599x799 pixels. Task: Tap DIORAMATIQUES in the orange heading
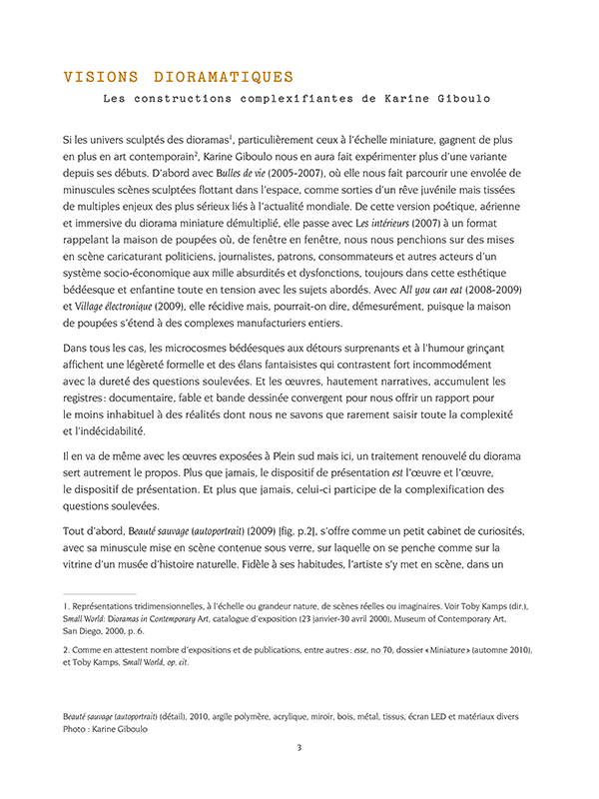click(x=225, y=77)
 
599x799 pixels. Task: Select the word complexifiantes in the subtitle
click(x=305, y=99)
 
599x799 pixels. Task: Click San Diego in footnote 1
click(x=88, y=631)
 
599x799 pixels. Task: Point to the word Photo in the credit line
click(x=77, y=729)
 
